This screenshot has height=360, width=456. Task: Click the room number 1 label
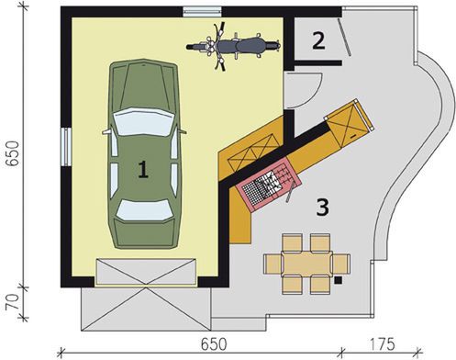(142, 167)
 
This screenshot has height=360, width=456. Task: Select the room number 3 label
(322, 207)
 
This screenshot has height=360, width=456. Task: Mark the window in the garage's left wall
(65, 144)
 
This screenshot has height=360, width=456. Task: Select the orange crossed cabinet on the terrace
(348, 122)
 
